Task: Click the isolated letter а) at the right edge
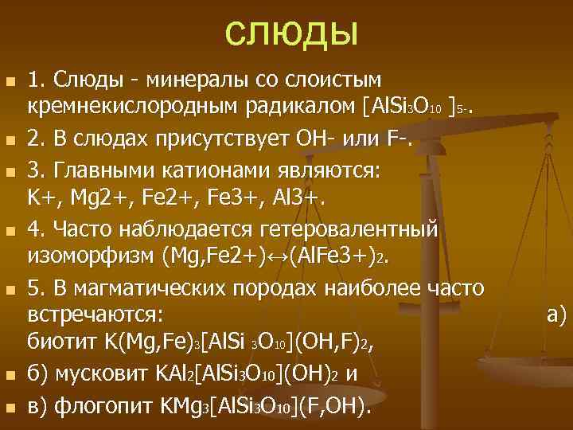click(556, 316)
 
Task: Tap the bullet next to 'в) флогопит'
click(9, 410)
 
